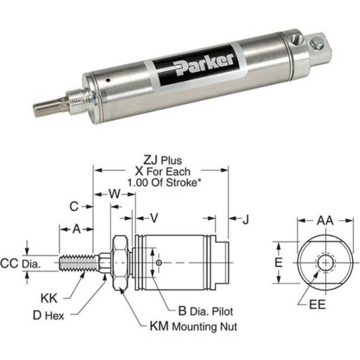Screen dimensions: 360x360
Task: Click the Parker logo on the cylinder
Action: tap(204, 61)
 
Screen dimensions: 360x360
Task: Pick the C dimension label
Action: tap(74, 206)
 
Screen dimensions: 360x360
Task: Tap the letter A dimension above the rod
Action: tap(76, 229)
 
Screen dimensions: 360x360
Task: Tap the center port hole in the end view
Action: tap(324, 262)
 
